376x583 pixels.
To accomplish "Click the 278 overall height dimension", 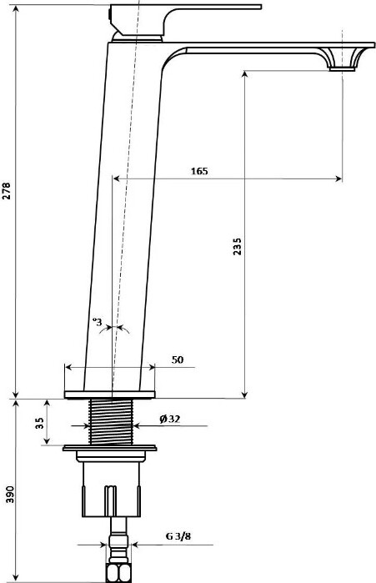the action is (x=7, y=191).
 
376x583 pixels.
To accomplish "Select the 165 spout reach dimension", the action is (x=199, y=171).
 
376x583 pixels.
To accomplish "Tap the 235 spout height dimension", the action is (x=237, y=247).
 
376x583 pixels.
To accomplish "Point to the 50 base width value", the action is (x=178, y=360).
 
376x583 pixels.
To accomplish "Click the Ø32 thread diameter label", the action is (x=170, y=419).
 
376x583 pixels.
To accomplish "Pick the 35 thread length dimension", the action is (x=39, y=423).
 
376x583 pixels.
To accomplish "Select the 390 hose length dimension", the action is (x=10, y=494).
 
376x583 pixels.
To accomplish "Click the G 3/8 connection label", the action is (x=178, y=536).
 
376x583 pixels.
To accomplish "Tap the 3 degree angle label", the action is (x=98, y=322).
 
